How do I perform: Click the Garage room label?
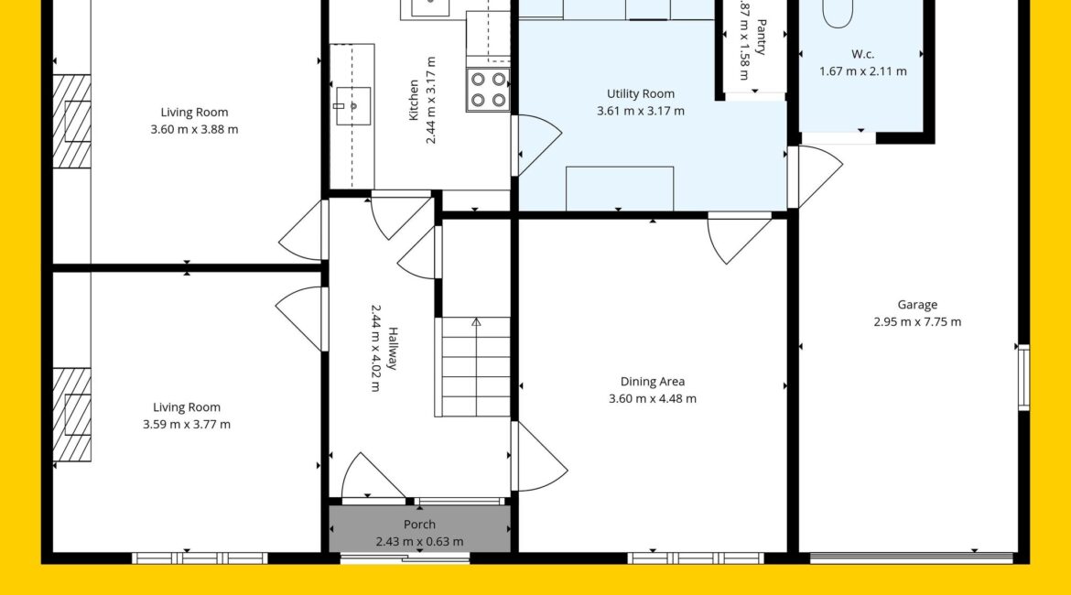pos(917,305)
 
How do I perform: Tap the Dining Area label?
pos(653,382)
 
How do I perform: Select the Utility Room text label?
pos(641,93)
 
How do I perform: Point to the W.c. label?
pos(862,54)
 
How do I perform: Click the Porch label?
pos(419,524)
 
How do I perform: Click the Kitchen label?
pos(413,100)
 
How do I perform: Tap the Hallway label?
pos(393,349)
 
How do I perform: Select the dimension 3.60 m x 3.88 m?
pos(195,129)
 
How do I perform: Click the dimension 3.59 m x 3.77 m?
pos(187,424)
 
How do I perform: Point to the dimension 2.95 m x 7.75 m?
pos(917,321)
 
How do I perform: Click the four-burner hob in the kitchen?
pos(489,90)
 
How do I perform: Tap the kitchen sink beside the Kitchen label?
pos(352,106)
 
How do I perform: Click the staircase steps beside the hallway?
pos(473,367)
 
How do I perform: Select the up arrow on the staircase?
pos(476,321)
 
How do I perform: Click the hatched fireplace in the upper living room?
pos(71,122)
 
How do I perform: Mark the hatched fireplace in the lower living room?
pos(71,415)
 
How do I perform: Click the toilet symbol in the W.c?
pos(838,13)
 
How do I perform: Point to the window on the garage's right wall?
pos(1024,378)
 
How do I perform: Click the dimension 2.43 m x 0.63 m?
pos(419,542)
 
